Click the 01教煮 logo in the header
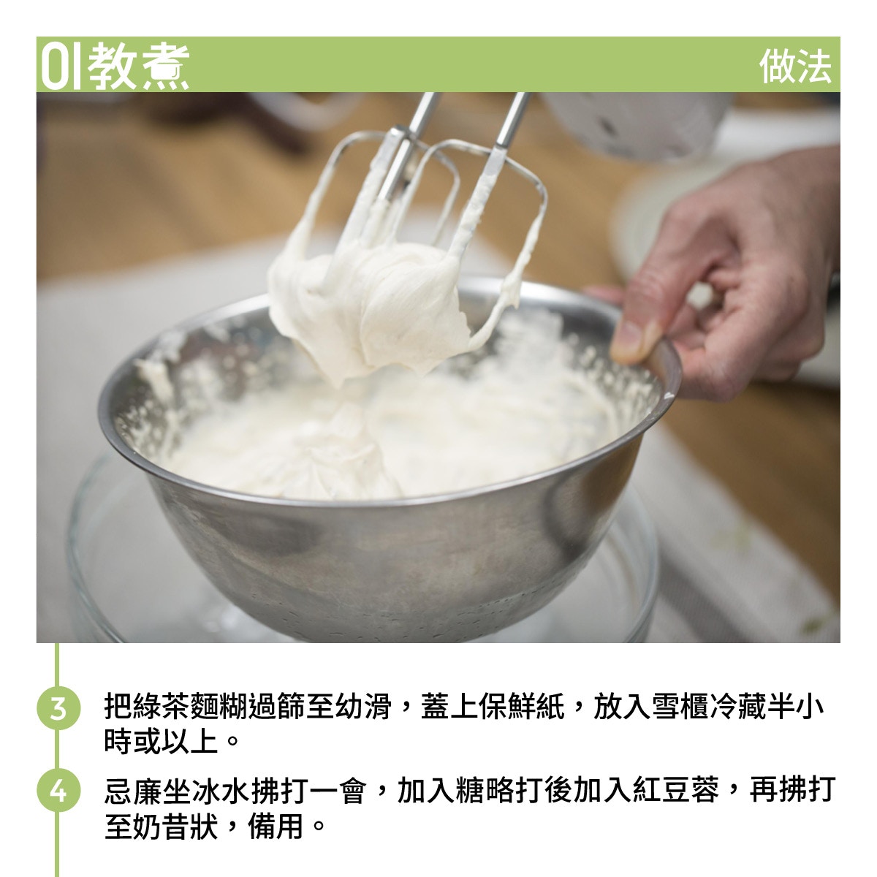click(x=115, y=66)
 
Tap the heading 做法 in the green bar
click(x=795, y=67)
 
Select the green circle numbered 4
click(x=58, y=791)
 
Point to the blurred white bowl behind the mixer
click(x=637, y=123)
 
